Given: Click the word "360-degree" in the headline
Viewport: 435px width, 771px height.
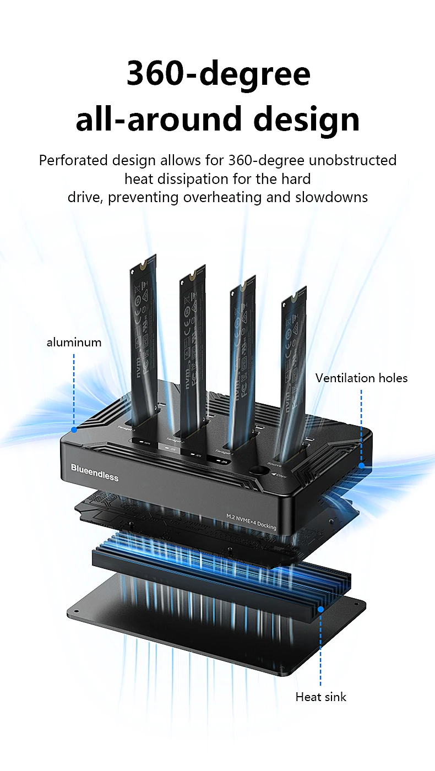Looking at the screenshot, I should tap(218, 74).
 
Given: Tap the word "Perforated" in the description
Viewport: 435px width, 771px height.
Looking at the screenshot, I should tap(73, 161).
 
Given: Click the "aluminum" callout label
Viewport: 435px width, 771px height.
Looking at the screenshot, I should tap(74, 342).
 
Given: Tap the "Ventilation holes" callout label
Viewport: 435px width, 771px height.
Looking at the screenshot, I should tap(361, 378).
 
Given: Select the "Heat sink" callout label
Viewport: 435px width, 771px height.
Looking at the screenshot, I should tap(320, 697).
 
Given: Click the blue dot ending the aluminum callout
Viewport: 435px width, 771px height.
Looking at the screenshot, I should tap(74, 429).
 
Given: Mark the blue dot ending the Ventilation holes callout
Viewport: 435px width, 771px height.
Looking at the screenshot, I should tap(362, 465).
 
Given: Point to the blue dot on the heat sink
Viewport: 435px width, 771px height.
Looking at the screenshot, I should tap(320, 609).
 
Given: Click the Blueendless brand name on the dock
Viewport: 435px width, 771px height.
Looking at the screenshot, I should tap(95, 473).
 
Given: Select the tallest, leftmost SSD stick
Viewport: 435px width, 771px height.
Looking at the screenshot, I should tap(143, 330).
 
